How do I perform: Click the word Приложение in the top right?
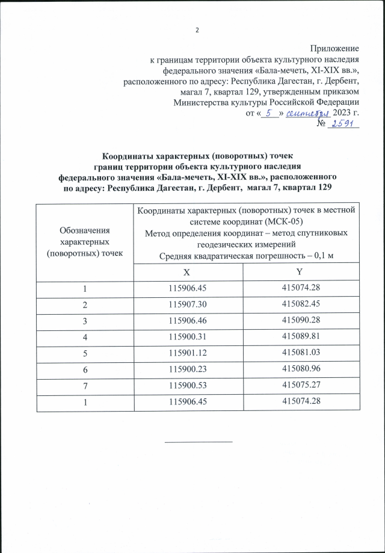point(334,48)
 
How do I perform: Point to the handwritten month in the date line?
point(309,113)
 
